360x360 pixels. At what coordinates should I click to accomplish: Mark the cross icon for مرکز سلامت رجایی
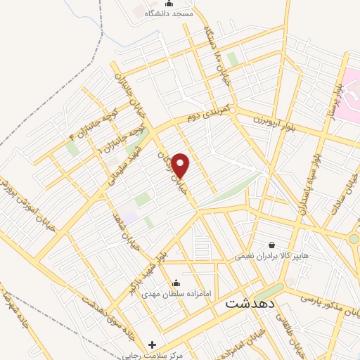(x=153, y=345)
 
